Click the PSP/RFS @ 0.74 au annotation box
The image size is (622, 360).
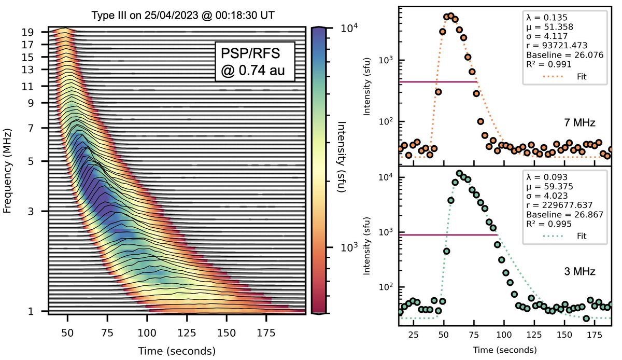tap(255, 62)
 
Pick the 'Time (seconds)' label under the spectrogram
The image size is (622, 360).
tap(176, 351)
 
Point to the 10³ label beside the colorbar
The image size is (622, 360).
tap(341, 248)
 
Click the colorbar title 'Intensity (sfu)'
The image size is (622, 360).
tap(341, 157)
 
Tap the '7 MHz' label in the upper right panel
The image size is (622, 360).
tap(579, 123)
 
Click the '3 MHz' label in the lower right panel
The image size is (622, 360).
tap(579, 271)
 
